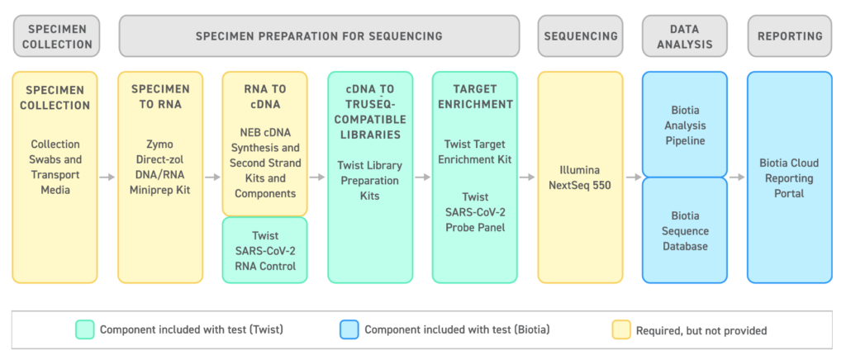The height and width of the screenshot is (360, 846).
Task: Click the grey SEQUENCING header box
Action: pos(580,36)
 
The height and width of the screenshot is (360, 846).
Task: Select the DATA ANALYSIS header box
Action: pos(685,36)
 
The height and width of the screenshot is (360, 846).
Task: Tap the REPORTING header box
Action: pos(790,36)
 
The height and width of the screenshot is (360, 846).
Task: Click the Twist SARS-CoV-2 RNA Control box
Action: pos(265,250)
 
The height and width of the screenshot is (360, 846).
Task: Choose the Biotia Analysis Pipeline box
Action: pos(685,125)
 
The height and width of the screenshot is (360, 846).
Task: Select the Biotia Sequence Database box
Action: pos(685,230)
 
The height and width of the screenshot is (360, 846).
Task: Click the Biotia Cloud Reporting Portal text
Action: pos(790,178)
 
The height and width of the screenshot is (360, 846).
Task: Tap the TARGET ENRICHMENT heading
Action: pos(475,97)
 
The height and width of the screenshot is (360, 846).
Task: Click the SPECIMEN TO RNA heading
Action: pos(160,97)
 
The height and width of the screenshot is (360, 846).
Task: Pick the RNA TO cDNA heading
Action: pos(265,97)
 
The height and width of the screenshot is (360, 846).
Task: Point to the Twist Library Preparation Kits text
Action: pos(370,181)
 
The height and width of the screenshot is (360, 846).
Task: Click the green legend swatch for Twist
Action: pos(85,329)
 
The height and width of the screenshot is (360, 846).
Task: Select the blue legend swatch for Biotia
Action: pos(349,329)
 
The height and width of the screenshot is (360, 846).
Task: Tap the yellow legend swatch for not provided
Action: pos(621,329)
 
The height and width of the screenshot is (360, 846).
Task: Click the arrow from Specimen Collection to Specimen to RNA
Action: pos(108,178)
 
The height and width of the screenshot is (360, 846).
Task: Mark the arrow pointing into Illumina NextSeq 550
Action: pos(528,178)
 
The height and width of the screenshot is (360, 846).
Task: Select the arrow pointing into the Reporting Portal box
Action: pos(738,178)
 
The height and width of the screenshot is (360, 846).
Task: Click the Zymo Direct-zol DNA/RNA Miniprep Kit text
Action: pos(160,167)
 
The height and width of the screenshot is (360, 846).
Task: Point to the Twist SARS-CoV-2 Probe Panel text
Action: pos(475,212)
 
